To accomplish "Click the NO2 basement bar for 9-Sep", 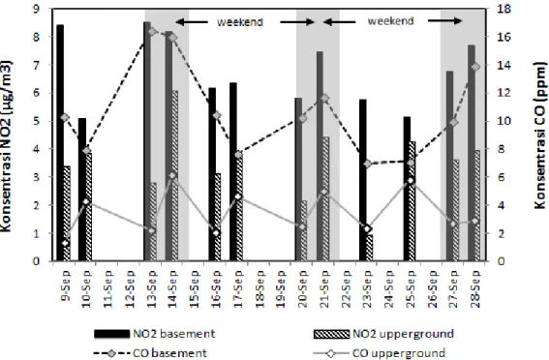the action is point(60,142).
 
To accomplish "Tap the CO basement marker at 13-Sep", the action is point(152,32).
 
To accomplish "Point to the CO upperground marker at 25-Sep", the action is point(412,181).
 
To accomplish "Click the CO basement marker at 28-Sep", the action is point(475,67).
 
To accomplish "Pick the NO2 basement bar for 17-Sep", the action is point(233,172).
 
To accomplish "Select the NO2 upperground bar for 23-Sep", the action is point(370,248).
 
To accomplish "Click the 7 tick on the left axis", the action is point(37,65).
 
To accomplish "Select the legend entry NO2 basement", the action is point(154,334).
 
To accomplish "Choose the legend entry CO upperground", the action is point(380,353).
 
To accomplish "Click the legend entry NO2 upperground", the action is point(384,334).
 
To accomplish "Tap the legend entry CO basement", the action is point(150,353).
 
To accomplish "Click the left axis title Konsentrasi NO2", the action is point(6,146).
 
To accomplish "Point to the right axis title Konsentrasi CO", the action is point(540,135).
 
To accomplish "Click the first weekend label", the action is point(240,22).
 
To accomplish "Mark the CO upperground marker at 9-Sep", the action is point(65,243).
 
